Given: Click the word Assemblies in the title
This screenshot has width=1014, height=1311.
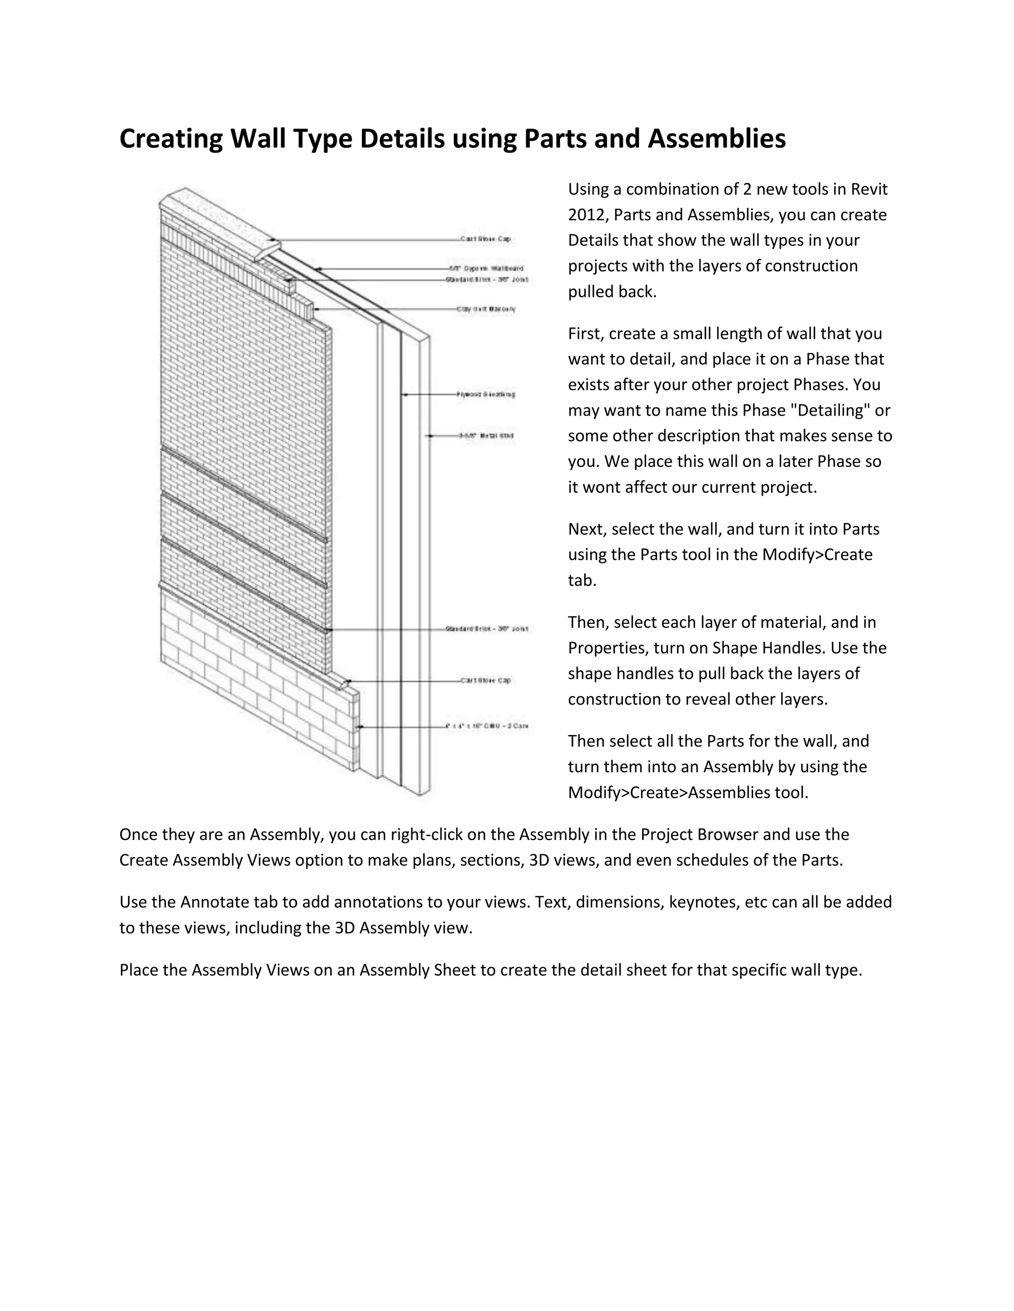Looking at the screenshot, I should click(x=716, y=139).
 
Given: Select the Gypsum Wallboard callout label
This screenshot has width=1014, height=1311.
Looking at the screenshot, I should click(x=487, y=268).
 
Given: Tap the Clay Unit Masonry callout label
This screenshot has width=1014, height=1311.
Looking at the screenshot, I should click(x=486, y=309).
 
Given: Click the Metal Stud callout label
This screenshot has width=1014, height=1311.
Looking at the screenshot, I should click(x=486, y=436).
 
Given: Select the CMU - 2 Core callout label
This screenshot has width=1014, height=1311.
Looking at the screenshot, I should click(x=487, y=726).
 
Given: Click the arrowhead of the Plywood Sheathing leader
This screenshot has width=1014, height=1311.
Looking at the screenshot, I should click(x=405, y=394).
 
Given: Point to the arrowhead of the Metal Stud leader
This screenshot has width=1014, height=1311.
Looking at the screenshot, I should click(x=429, y=436).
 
